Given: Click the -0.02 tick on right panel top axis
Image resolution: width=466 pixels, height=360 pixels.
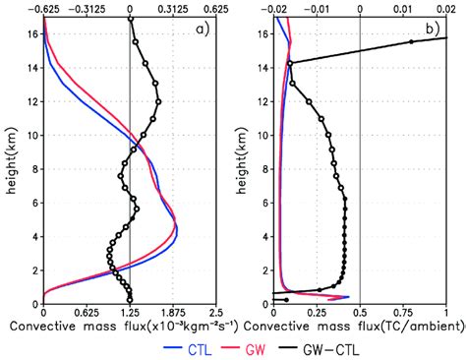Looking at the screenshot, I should pos(276,7).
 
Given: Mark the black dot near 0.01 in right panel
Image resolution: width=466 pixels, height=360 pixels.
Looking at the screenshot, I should pos(411,42).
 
